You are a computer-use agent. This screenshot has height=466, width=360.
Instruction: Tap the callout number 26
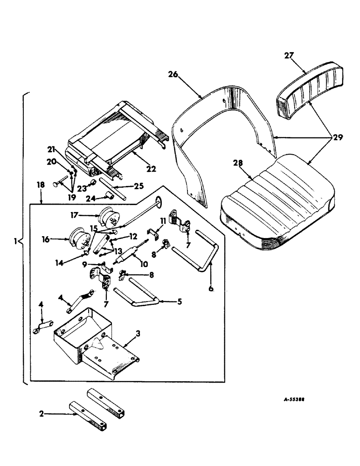[173, 75]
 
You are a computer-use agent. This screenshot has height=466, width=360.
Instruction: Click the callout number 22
[150, 168]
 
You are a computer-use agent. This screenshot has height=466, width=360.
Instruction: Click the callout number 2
[42, 413]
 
